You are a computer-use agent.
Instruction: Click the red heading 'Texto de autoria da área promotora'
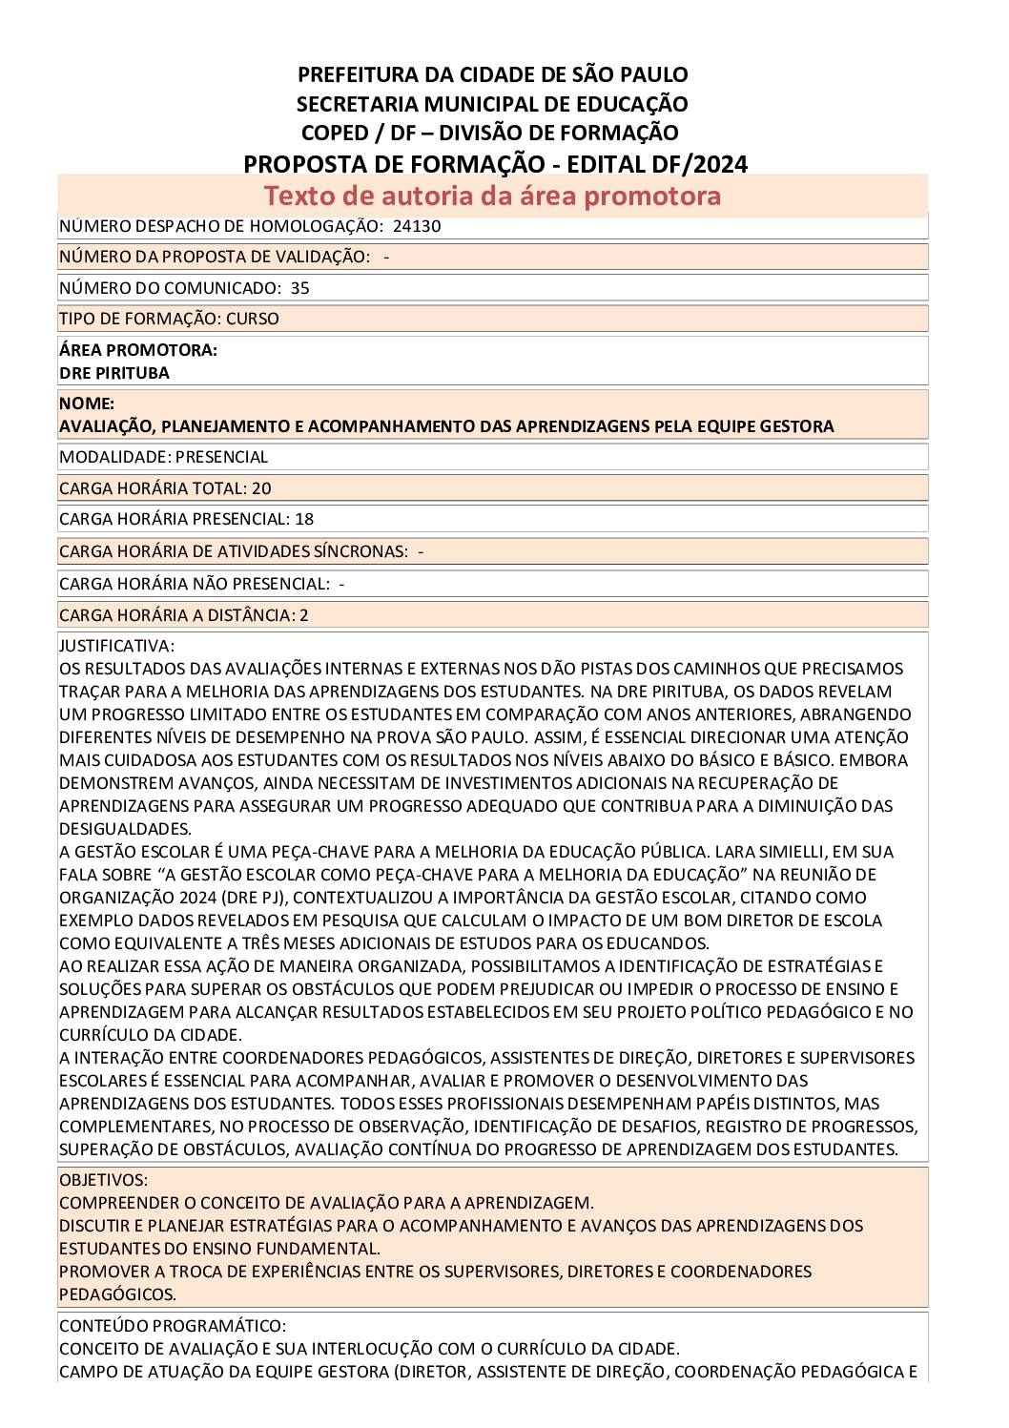pos(492,196)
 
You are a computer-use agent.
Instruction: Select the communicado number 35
pos(299,288)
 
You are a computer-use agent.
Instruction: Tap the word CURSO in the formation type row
pos(253,319)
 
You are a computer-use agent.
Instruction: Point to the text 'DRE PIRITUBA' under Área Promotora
pos(114,373)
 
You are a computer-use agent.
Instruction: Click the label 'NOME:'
pos(87,404)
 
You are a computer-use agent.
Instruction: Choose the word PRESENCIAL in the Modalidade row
pos(222,457)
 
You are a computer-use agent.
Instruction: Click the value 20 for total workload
pos(261,488)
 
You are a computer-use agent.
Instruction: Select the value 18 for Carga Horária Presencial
pos(304,519)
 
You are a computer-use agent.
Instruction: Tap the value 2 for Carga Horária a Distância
pos(304,615)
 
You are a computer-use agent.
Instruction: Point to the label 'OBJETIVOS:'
pos(104,1180)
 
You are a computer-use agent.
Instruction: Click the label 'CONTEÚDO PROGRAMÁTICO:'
pos(173,1326)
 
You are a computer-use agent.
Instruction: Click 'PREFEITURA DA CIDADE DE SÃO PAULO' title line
pos(492,74)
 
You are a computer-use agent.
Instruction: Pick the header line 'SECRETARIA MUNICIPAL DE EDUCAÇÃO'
pos(492,104)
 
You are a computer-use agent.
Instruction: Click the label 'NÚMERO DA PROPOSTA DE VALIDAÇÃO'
pos(214,257)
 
